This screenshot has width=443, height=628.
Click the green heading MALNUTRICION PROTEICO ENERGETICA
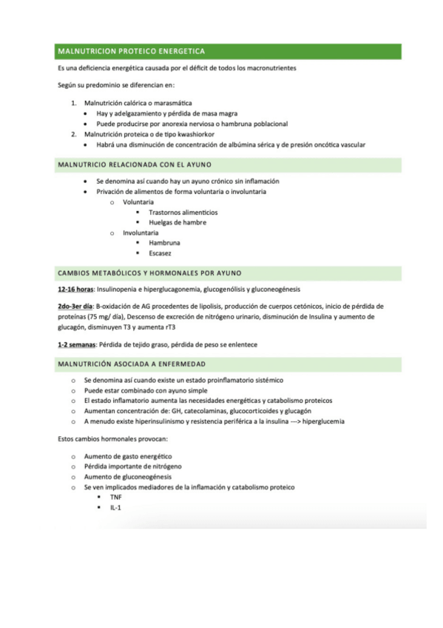(131, 51)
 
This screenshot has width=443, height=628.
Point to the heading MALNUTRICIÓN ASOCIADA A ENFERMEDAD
(132, 364)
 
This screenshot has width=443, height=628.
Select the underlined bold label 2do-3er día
(75, 305)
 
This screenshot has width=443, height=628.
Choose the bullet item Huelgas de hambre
(177, 222)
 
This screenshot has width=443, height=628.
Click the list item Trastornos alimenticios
(183, 213)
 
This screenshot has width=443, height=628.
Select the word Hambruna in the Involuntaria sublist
(164, 242)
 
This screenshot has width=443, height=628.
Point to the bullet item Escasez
(160, 253)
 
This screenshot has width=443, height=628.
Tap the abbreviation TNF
(116, 497)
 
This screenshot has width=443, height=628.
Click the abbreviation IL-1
(115, 507)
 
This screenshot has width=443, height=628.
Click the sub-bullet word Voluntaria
(138, 202)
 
